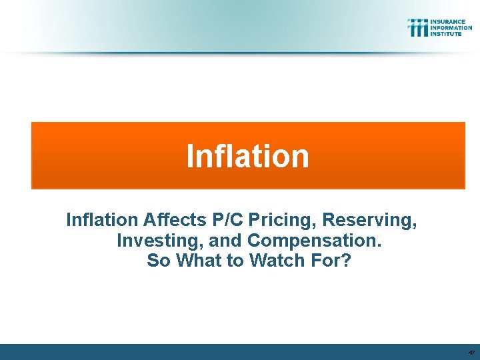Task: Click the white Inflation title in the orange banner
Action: click(247, 156)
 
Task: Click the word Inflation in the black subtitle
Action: click(101, 219)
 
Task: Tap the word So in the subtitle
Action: click(158, 261)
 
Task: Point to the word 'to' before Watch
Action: click(236, 261)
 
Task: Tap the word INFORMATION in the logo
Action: click(451, 27)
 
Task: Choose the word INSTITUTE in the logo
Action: click(446, 33)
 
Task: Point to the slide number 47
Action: click(471, 352)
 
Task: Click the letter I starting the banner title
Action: click(190, 156)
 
